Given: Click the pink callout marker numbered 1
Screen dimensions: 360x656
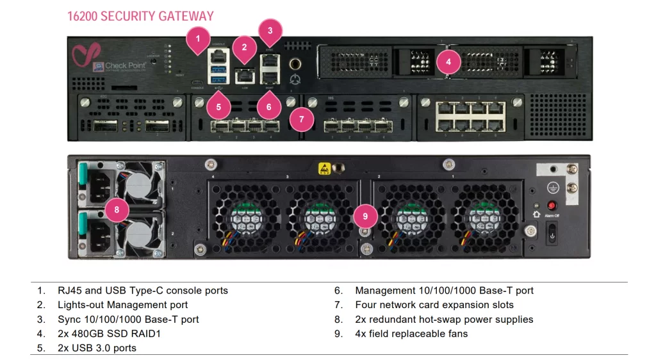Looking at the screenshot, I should coord(198,39).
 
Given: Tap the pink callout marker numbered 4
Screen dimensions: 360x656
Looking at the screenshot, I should coord(448,61).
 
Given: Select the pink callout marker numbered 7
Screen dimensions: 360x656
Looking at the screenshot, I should coord(301,119).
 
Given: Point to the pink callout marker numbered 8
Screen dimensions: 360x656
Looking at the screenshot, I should coord(117,209).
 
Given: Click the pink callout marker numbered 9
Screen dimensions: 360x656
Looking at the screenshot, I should coord(365,216).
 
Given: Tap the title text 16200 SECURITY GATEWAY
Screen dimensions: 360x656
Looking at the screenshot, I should coord(140,16).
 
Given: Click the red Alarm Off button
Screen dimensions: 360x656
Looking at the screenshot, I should coord(550,206).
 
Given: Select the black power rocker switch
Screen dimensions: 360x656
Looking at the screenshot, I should coord(550,236).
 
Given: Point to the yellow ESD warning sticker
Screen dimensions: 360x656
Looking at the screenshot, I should coord(324,168).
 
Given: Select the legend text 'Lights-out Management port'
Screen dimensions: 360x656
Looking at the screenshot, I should coord(122,305).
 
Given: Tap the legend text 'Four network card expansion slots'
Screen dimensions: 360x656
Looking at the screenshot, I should coord(434,305).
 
